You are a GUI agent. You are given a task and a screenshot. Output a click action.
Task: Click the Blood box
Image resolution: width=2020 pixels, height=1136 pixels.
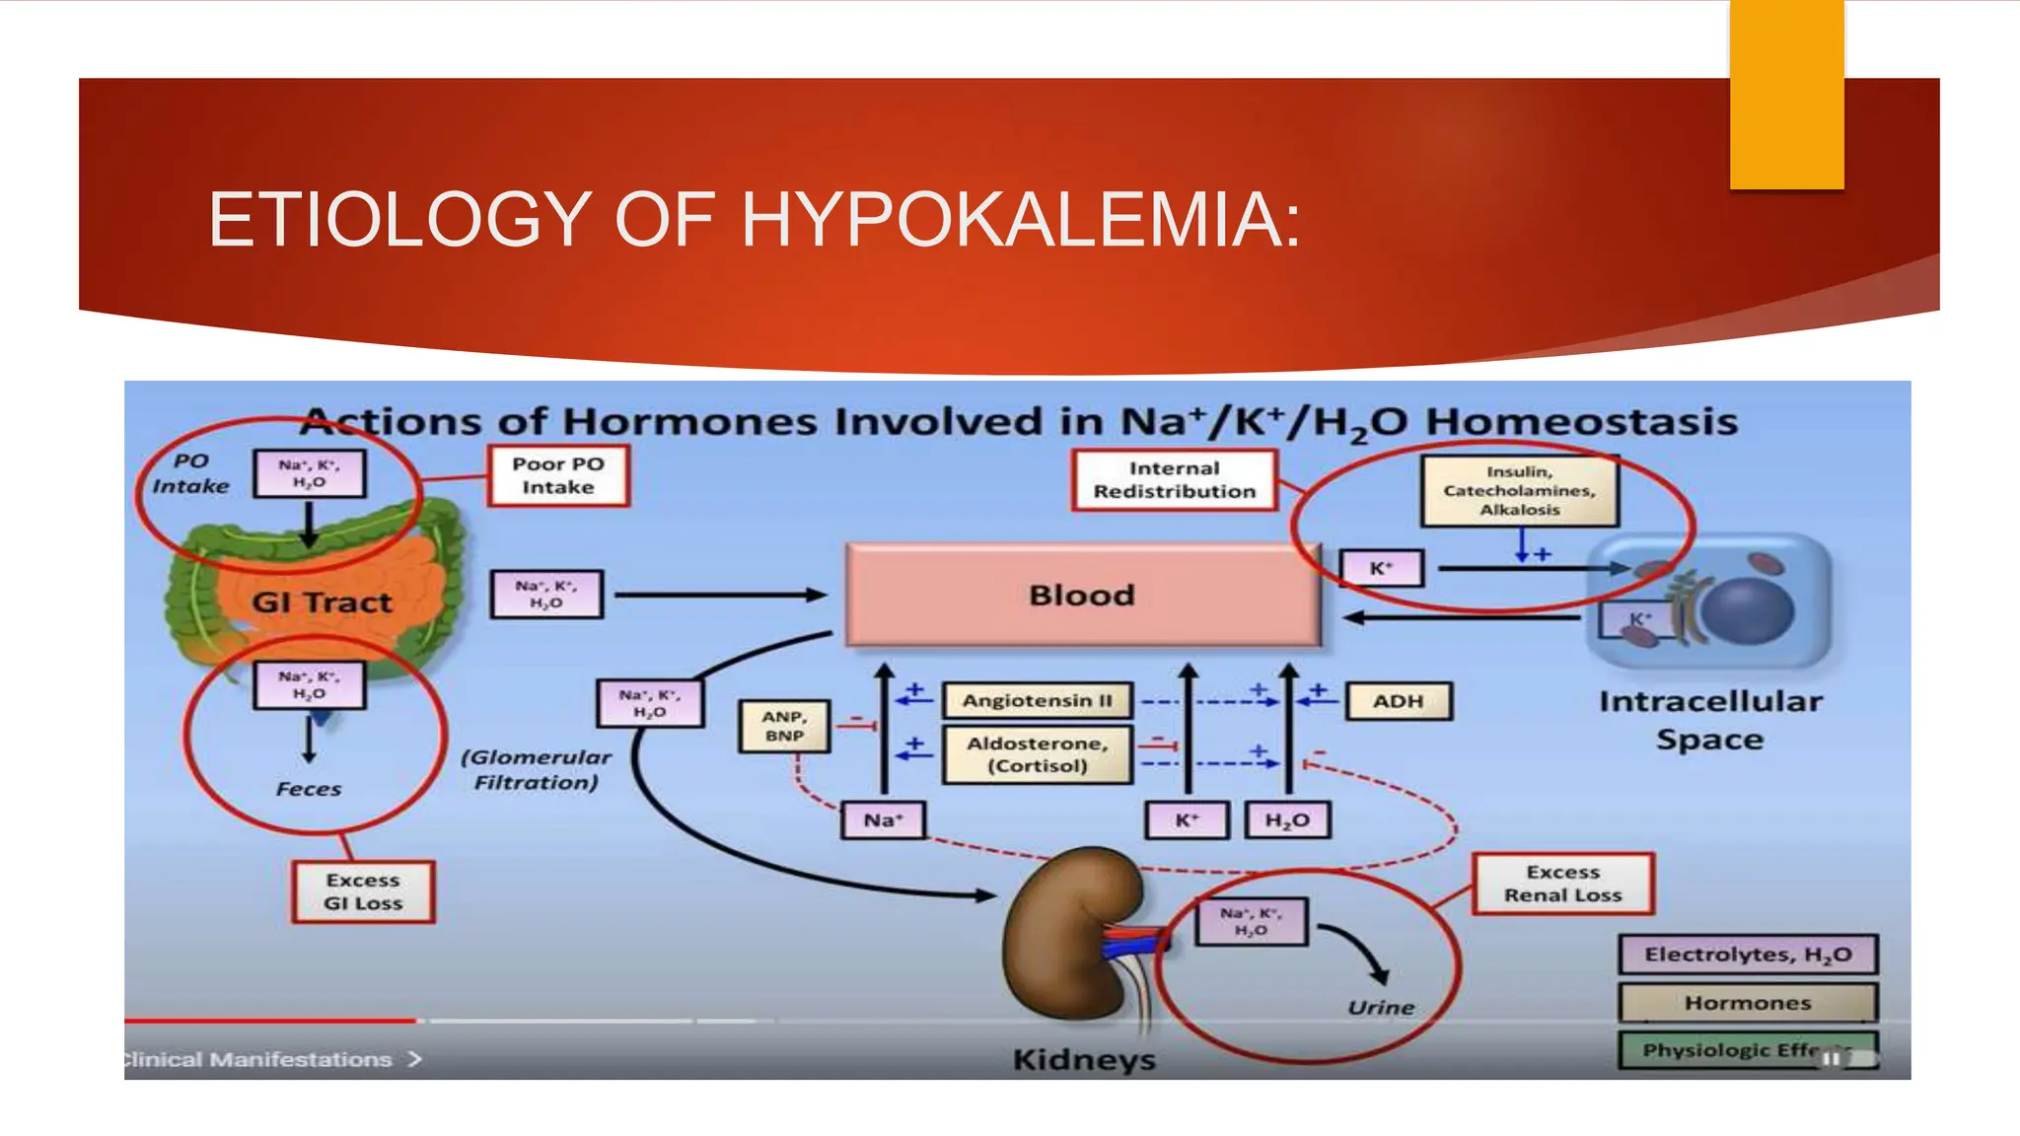point(1082,595)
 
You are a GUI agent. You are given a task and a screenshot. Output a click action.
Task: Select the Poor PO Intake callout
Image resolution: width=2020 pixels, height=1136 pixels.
point(558,476)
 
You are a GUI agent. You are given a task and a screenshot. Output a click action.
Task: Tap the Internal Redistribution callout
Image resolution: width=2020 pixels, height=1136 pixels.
point(1174,480)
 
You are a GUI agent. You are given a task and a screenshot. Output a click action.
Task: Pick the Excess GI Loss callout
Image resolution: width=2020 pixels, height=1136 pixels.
point(363,891)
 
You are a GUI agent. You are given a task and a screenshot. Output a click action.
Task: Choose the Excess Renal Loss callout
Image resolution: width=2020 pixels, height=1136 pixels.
point(1562,884)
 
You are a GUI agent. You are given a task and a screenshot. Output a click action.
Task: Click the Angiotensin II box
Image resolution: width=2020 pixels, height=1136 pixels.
point(1037,701)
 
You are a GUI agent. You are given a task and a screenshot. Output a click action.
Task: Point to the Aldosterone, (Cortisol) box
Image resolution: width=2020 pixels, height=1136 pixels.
point(1037,754)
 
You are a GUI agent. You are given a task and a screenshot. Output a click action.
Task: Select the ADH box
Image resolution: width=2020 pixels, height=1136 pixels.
point(1398,701)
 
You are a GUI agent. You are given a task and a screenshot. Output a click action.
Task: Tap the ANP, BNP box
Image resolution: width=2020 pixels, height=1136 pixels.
point(784,727)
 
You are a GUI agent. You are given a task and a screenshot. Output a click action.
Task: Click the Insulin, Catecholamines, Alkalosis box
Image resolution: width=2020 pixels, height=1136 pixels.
point(1519,490)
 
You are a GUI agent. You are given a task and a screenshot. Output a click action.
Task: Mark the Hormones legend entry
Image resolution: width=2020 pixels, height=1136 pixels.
point(1747,1003)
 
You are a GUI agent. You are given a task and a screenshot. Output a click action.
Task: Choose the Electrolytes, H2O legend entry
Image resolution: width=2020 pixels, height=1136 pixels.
point(1747,955)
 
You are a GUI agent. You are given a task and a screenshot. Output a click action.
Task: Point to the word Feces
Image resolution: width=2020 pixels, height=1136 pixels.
point(309,789)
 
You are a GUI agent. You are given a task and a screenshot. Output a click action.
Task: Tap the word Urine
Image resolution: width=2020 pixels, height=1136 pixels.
point(1381,1007)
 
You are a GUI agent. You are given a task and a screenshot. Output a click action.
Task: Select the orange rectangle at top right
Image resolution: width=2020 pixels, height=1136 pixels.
point(1786,94)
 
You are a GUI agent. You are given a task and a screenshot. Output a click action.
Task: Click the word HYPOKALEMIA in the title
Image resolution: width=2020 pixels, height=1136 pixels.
point(1021,219)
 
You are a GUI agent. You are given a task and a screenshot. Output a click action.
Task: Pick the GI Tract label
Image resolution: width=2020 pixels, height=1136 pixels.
point(322,602)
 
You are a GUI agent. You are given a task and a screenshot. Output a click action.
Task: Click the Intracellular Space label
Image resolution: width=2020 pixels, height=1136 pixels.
point(1710,720)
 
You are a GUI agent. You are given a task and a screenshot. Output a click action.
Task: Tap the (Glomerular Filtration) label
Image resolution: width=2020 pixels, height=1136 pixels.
point(536,769)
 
